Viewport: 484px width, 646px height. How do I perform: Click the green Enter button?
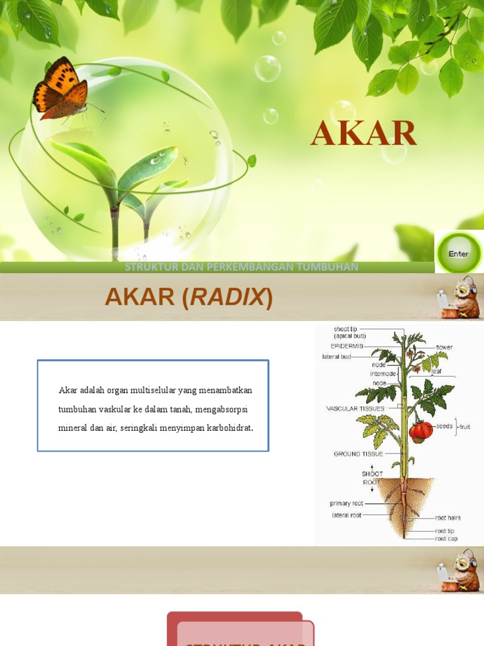pos(459,253)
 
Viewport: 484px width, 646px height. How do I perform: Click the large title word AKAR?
pos(364,133)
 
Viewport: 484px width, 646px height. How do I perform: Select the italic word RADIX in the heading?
pos(228,297)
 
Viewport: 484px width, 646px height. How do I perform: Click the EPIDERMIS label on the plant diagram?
pos(347,346)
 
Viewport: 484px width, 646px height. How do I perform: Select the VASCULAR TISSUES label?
pos(355,409)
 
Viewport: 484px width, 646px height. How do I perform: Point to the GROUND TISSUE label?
pos(358,454)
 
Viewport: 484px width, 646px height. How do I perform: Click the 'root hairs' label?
pos(447,518)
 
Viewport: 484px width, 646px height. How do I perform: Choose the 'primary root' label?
pos(347,503)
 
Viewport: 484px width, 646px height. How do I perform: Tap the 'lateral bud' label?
pos(337,356)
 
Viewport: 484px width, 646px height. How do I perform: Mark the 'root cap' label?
pos(446,539)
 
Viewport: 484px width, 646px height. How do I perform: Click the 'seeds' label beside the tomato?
pos(444,426)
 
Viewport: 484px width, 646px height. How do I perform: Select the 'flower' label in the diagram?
pos(444,348)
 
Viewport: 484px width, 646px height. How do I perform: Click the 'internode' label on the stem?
pos(383,373)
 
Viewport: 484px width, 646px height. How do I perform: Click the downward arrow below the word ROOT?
pos(372,490)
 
